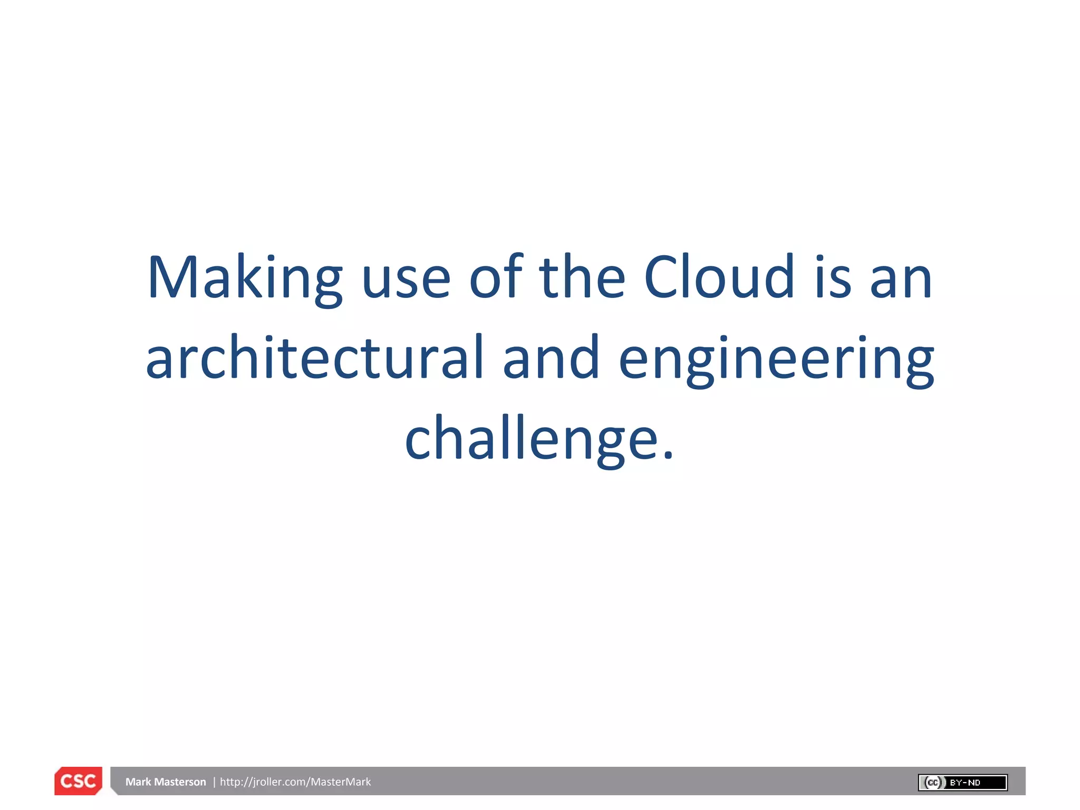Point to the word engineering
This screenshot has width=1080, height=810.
tap(776, 361)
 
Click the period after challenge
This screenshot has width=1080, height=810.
tap(669, 456)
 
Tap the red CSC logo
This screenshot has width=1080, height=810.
tap(78, 781)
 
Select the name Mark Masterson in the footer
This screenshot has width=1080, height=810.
tap(166, 782)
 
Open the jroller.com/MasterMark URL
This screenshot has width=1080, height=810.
tap(295, 782)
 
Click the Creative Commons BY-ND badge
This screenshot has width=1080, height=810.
tap(962, 783)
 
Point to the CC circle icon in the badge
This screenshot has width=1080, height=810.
tap(932, 783)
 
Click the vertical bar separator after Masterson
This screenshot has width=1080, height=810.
tap(214, 782)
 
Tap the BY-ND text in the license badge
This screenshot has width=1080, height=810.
tap(965, 783)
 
